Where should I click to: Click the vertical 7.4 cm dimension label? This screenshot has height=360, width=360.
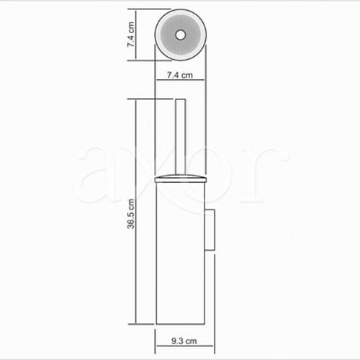click(131, 35)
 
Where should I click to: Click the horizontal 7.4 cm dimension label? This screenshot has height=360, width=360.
click(180, 75)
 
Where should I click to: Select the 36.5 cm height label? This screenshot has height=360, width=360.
click(131, 214)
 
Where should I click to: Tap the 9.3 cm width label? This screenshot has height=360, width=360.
click(184, 341)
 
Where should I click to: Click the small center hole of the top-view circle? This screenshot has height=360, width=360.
click(180, 35)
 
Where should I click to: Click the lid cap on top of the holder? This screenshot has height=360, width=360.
click(181, 179)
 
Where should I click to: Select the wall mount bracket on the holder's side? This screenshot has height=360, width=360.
click(210, 230)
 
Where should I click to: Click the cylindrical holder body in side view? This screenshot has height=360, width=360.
click(181, 253)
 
